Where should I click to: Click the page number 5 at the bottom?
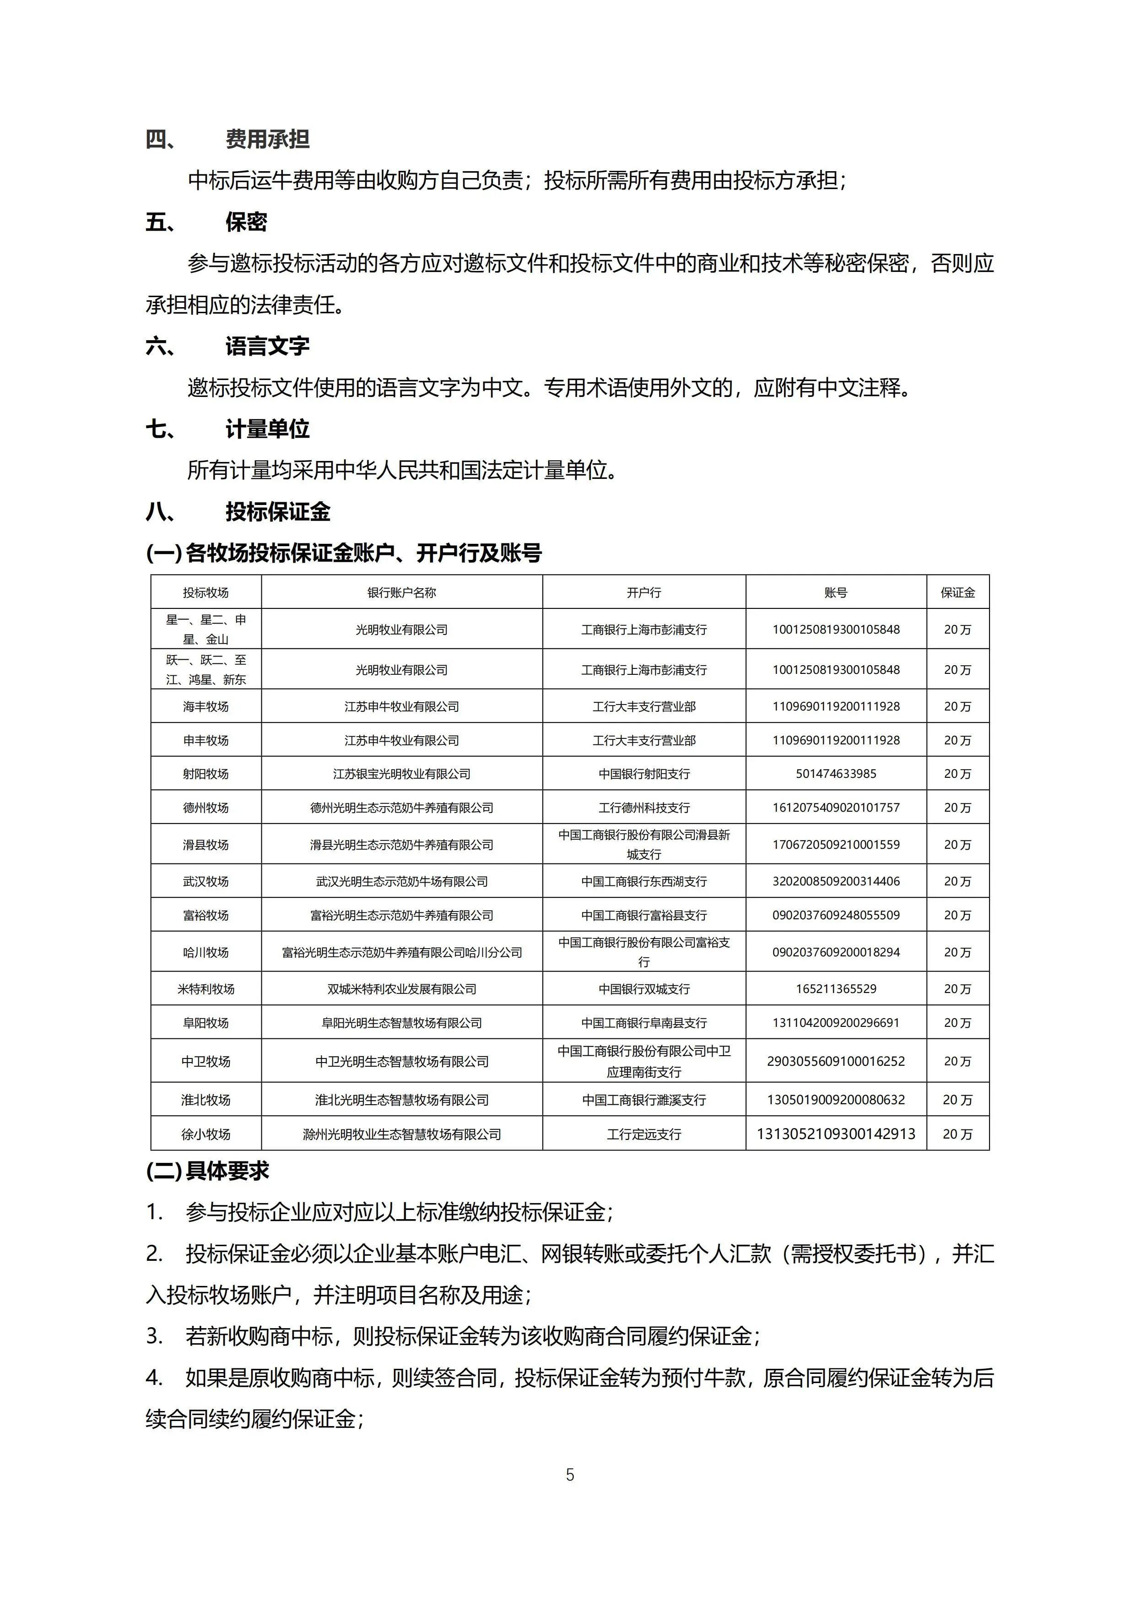pos(570,1475)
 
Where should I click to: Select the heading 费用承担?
pos(267,139)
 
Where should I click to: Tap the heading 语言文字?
pos(267,346)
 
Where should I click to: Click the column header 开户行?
pos(643,592)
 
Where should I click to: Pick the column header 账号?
pos(836,592)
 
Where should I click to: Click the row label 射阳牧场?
pos(205,774)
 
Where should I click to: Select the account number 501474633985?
pos(836,774)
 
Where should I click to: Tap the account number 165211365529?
pos(836,988)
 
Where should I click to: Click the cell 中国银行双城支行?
pos(643,988)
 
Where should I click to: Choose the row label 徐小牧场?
pos(205,1134)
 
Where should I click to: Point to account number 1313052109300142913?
pos(836,1134)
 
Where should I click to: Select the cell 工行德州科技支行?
pos(643,807)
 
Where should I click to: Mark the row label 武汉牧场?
pos(205,881)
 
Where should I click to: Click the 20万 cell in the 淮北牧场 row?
pos(957,1100)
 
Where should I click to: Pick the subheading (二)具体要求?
pos(208,1172)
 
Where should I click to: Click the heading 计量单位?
pos(267,429)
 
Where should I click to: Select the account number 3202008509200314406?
pos(836,881)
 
